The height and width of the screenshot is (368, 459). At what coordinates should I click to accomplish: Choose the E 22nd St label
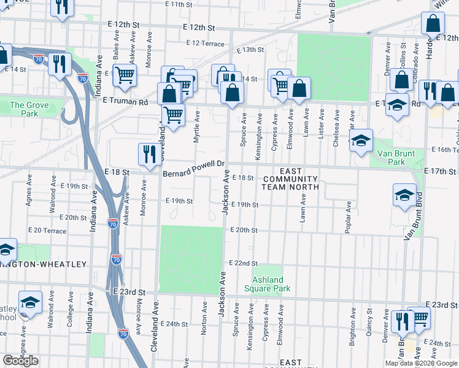pos(242,263)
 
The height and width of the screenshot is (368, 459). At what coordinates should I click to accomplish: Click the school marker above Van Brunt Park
pos(361,140)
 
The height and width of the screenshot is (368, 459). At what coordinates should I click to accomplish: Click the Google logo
pos(20,361)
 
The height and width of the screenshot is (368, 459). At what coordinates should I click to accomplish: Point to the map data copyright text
pos(421,363)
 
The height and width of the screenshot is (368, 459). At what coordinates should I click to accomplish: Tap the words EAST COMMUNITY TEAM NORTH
pos(291,178)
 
